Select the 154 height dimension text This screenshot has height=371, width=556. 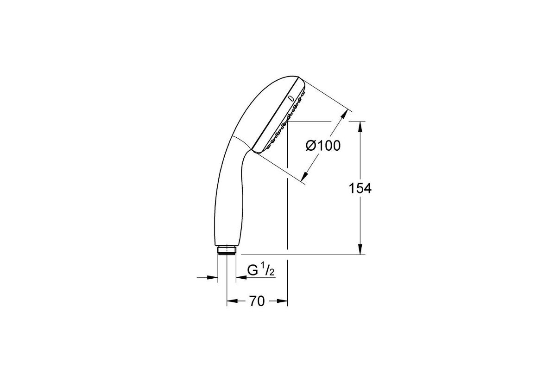coord(360,188)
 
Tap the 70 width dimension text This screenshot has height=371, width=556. coord(257,301)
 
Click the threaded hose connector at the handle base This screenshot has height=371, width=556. coord(227,250)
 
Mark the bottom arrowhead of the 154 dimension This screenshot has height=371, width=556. coord(360,249)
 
